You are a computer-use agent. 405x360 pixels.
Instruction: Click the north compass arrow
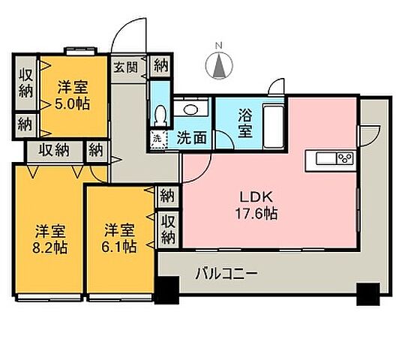tap(220, 67)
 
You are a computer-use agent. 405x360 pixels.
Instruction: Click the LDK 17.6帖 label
tap(259, 205)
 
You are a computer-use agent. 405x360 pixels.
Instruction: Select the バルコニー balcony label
tap(229, 273)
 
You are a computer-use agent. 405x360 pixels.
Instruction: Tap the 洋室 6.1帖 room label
tap(120, 236)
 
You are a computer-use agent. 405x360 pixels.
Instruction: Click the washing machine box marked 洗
tap(158, 139)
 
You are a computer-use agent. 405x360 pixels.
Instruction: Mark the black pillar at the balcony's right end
tap(367, 293)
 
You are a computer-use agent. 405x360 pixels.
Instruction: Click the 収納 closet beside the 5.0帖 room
tap(24, 83)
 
